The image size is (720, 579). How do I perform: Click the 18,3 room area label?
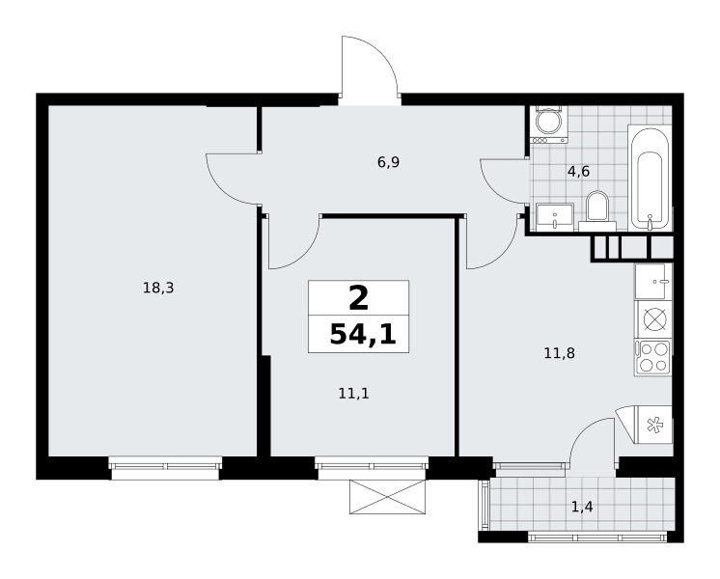pyautogui.click(x=158, y=289)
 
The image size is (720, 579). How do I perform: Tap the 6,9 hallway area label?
pyautogui.click(x=388, y=162)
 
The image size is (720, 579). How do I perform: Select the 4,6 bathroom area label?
pyautogui.click(x=578, y=172)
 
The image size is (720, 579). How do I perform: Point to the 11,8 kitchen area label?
pyautogui.click(x=559, y=353)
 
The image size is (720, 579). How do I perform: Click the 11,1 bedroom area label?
pyautogui.click(x=353, y=394)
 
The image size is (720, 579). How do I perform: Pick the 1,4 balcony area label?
pyautogui.click(x=582, y=507)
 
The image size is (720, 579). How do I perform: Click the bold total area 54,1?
pyautogui.click(x=363, y=334)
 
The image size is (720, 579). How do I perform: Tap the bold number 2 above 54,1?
pyautogui.click(x=359, y=298)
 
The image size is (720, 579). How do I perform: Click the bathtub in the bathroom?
pyautogui.click(x=650, y=179)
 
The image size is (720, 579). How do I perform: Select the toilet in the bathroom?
pyautogui.click(x=597, y=211)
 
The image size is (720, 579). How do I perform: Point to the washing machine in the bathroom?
pyautogui.click(x=549, y=124)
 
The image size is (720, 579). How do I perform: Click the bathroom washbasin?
pyautogui.click(x=555, y=217)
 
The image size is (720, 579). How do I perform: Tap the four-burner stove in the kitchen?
pyautogui.click(x=652, y=358)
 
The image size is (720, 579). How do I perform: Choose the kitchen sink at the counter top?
pyautogui.click(x=653, y=281)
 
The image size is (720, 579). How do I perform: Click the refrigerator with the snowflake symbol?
pyautogui.click(x=652, y=426)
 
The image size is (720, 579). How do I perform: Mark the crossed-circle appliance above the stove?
pyautogui.click(x=652, y=319)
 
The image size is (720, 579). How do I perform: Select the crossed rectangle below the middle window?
pyautogui.click(x=388, y=497)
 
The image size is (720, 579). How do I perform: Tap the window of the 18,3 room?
pyautogui.click(x=165, y=468)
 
